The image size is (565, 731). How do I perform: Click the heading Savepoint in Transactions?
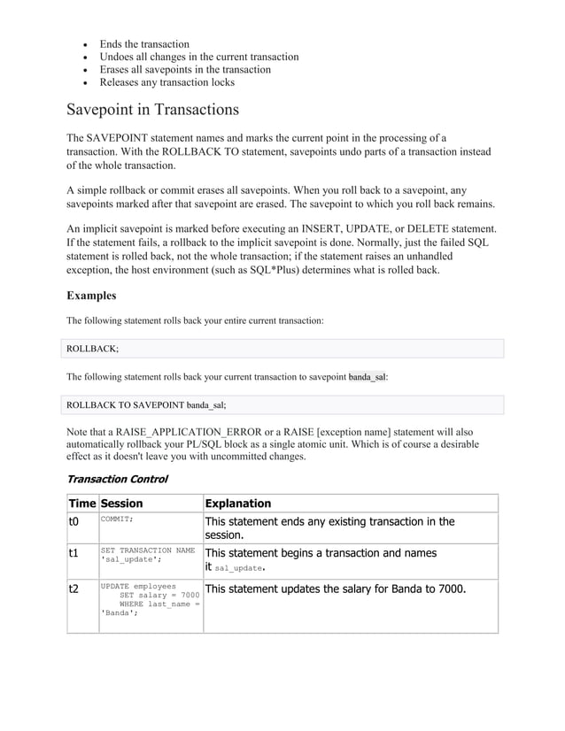[x=152, y=111]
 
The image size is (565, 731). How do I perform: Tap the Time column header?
[x=81, y=504]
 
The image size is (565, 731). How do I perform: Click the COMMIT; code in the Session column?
[x=117, y=519]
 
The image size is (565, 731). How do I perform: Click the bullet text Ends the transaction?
[x=144, y=44]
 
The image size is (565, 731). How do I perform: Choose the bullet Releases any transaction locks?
[x=166, y=82]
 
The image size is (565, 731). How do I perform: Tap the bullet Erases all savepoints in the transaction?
[x=185, y=70]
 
